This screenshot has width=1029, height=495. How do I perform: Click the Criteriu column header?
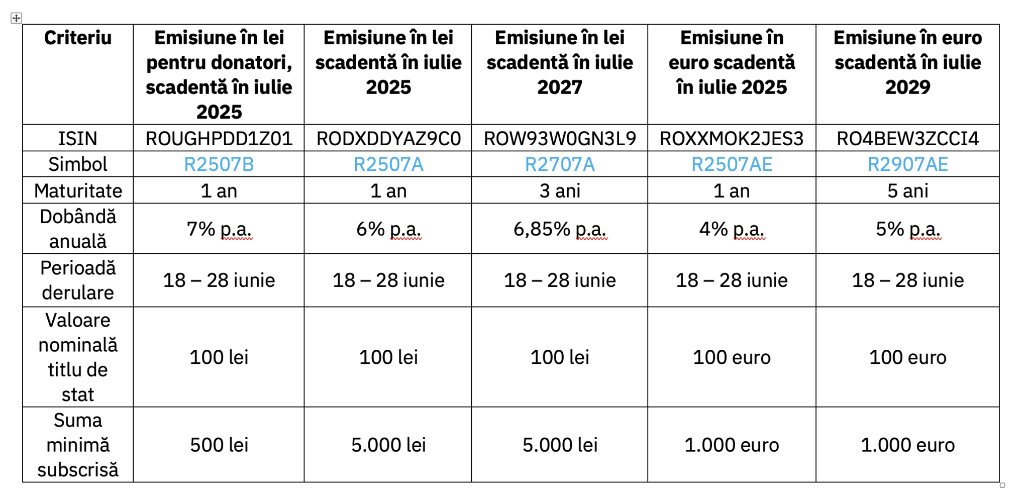[77, 38]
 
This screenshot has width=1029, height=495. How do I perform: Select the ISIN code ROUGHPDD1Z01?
[219, 139]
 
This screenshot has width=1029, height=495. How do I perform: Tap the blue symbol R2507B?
[219, 165]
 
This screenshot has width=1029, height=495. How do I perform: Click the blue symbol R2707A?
[560, 165]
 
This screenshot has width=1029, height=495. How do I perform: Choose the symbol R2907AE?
[907, 165]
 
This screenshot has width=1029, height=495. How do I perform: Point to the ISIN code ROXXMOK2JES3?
[732, 139]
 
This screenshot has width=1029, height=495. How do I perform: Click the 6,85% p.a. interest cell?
[560, 229]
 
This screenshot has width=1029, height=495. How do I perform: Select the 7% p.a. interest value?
[219, 229]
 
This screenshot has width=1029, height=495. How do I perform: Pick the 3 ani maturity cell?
[560, 191]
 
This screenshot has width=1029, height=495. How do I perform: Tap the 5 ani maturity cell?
[907, 191]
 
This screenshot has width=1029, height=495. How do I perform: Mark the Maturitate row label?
[78, 191]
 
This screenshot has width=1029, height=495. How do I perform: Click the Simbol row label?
[78, 165]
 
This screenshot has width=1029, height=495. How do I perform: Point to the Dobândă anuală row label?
[78, 229]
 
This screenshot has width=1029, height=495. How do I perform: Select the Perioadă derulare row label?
[78, 280]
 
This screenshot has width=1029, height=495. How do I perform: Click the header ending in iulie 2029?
[907, 62]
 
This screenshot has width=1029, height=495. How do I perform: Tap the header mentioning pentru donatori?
[219, 74]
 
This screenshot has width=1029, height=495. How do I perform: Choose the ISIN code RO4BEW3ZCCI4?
[907, 139]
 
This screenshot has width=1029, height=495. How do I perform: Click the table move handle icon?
[16, 18]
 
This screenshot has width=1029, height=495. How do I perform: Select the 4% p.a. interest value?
[732, 229]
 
